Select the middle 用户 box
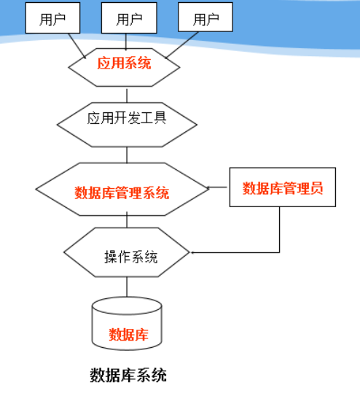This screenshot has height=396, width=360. [x=129, y=18]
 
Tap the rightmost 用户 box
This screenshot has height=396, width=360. [x=206, y=18]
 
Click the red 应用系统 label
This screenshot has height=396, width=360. [x=124, y=63]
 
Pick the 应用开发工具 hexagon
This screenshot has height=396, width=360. [x=127, y=117]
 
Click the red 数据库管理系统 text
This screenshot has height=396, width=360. [x=122, y=193]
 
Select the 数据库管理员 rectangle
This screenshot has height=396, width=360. [x=282, y=187]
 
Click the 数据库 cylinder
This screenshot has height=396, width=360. [x=128, y=323]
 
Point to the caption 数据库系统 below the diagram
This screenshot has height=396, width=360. [x=128, y=376]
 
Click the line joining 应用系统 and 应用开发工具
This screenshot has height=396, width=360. [x=127, y=95]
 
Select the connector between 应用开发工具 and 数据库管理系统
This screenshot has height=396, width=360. [x=127, y=155]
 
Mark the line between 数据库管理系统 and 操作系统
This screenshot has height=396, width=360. [x=127, y=221]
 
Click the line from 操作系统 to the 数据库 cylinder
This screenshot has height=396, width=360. [x=127, y=287]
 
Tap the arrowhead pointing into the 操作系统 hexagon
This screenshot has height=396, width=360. [x=193, y=253]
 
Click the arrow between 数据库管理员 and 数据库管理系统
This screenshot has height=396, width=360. [x=219, y=188]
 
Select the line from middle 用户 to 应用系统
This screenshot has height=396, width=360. [x=128, y=42]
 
